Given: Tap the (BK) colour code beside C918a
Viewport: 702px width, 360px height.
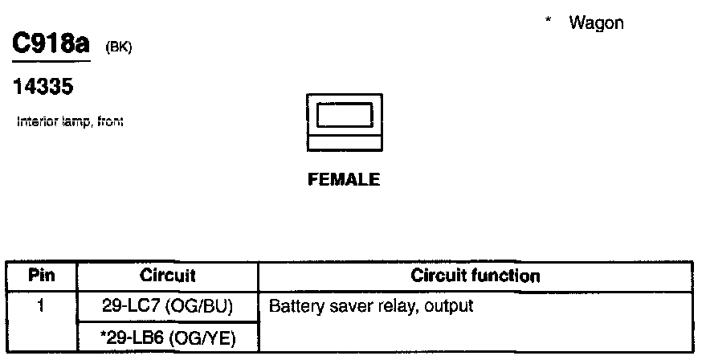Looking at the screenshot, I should tap(118, 49).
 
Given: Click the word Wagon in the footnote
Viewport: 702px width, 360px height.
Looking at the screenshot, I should tap(596, 23).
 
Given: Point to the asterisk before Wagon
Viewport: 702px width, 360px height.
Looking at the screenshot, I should tap(548, 22).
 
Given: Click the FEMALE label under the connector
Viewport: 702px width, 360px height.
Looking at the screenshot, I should tap(344, 180).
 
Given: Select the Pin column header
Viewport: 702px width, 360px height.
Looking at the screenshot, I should tap(41, 276).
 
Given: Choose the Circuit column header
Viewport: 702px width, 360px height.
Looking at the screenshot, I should tap(167, 276).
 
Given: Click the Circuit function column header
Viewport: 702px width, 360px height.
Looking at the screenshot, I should tap(475, 276).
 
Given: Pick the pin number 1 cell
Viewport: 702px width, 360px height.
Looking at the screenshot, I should tap(41, 305).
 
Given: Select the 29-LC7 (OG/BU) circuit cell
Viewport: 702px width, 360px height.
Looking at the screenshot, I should tap(167, 305).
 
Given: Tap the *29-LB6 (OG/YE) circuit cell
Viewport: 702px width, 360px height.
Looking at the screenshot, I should tap(167, 335).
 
